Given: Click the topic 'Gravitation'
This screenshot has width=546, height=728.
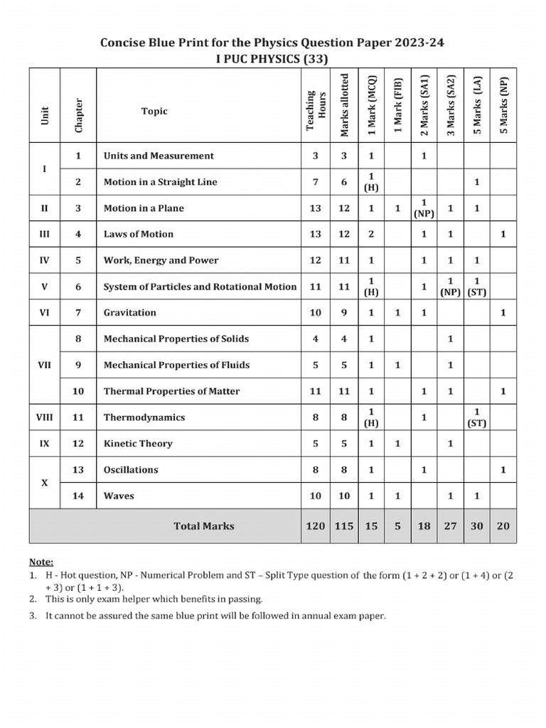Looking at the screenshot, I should pos(129,313).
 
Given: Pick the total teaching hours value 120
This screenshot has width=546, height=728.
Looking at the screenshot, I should pos(316,526).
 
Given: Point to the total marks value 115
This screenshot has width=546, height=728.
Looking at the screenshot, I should pos(344,526).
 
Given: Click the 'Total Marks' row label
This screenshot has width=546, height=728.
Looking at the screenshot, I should pos(203,526).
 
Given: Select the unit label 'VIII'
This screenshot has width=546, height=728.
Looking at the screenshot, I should pos(45,417).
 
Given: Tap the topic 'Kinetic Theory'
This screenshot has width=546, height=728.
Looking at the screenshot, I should pos(138,444).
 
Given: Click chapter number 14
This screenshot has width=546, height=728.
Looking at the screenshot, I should pos(78,496).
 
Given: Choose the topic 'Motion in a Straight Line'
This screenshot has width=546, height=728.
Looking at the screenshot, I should pos(160,182).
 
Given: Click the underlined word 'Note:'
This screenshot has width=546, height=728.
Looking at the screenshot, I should pos(41,562).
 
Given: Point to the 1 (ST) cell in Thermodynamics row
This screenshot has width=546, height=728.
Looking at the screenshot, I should pos(477,417).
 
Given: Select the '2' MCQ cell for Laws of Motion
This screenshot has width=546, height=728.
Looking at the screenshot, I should pos(371,234).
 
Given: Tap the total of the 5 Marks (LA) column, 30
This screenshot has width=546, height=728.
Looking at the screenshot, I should pos(477,526).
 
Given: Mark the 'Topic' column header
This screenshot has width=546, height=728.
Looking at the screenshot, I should pos(154,111).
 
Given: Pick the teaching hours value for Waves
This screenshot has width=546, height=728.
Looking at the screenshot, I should pos(316,496).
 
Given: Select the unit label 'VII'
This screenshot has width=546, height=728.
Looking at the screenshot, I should pos(45,365).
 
